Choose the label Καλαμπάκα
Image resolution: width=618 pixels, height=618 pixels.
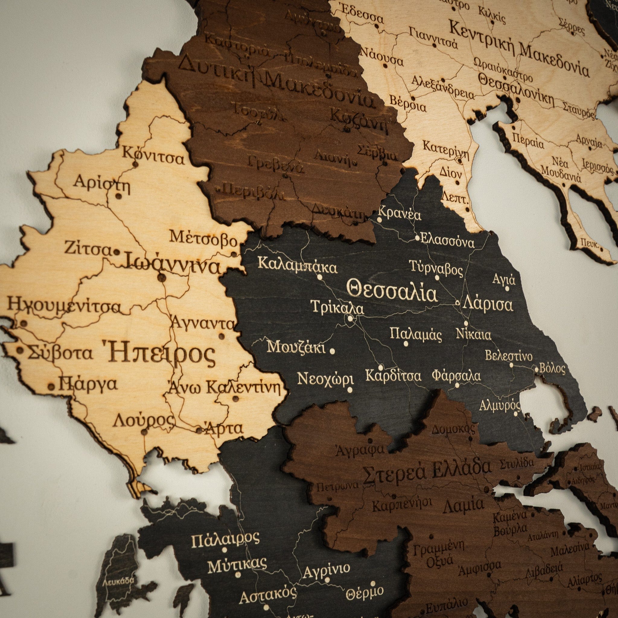click(298, 268)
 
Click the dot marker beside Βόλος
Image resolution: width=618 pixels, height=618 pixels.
click(537, 369)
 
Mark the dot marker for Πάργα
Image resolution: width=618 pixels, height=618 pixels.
click(51, 387)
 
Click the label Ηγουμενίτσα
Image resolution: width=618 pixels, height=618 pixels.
click(64, 306)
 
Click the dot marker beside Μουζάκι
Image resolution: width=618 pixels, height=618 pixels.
click(332, 351)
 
